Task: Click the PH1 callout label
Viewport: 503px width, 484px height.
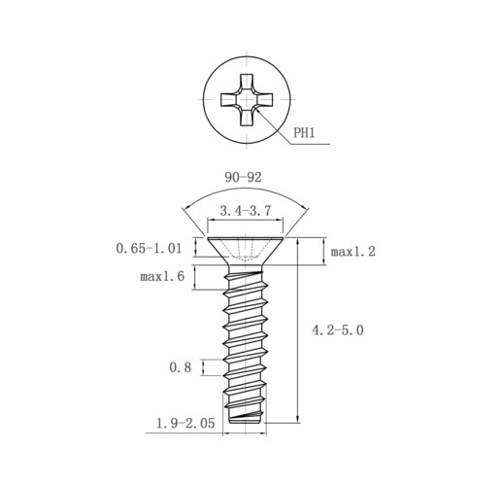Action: (x=304, y=132)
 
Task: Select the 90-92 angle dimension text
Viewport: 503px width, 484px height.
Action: (x=243, y=177)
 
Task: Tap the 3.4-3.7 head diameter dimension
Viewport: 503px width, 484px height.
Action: (x=245, y=211)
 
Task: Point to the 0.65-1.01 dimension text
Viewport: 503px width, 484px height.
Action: (x=149, y=249)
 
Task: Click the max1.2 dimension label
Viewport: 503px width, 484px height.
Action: (x=352, y=252)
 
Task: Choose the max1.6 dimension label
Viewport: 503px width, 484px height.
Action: (x=162, y=276)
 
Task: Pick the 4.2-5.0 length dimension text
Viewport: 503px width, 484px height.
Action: (x=338, y=330)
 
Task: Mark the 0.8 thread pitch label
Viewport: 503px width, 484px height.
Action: (x=181, y=367)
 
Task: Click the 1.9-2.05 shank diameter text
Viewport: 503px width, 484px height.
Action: (x=185, y=424)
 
